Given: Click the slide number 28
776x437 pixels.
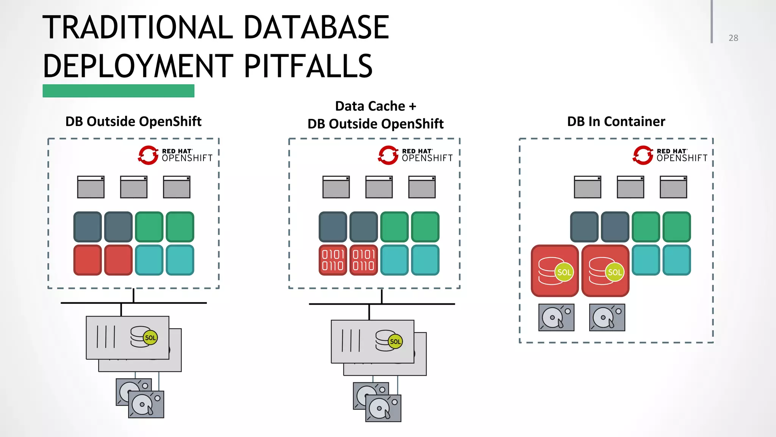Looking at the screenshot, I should click(733, 38).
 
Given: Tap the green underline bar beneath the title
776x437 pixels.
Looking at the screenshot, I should click(118, 91).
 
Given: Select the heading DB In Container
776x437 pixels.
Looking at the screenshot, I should click(616, 121).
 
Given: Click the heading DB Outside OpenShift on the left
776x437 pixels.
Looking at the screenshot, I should click(133, 121).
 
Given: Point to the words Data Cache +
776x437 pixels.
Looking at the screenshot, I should click(375, 106).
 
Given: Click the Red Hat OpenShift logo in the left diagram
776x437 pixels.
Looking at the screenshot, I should click(175, 155).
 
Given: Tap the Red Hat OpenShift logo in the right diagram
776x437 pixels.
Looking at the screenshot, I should click(670, 155).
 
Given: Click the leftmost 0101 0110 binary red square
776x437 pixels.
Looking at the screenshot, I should click(333, 260).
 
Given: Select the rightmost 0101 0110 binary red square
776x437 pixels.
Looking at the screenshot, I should click(363, 260).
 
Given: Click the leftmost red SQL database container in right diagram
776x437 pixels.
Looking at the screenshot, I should click(555, 271).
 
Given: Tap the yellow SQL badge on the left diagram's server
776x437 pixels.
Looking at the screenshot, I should click(150, 338).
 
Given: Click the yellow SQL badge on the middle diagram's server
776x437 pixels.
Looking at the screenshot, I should click(395, 341).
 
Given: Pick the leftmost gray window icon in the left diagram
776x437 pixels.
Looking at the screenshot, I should click(91, 187).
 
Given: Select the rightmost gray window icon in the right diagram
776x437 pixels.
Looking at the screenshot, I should click(673, 187).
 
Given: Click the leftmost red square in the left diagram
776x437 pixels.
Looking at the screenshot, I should click(88, 260).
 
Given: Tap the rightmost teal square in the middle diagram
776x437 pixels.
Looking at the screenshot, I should click(425, 260).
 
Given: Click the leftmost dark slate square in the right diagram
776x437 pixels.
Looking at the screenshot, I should click(584, 227).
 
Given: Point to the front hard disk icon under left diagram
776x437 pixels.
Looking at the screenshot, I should click(146, 404).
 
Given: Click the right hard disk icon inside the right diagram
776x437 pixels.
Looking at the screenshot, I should click(607, 318).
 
